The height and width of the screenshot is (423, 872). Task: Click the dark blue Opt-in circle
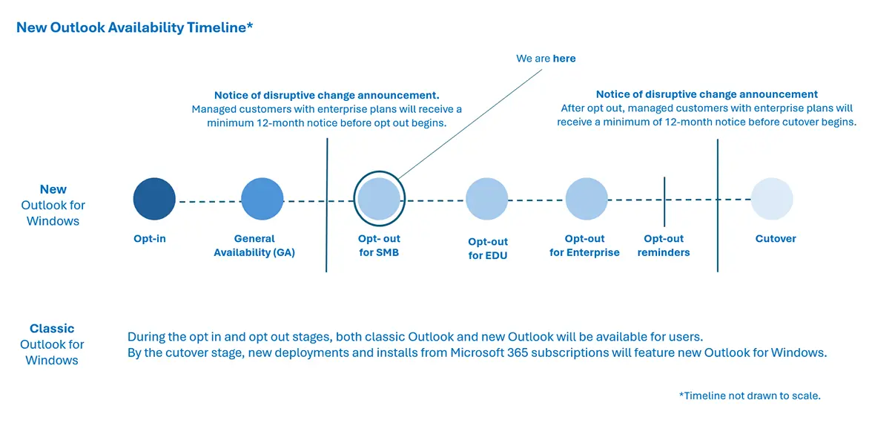point(154,199)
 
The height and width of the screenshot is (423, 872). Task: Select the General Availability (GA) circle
point(262,199)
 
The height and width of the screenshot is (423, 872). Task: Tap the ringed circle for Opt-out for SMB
point(379,198)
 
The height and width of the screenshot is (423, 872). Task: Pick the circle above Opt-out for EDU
point(486,199)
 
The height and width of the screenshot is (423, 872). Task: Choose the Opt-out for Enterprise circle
point(587,199)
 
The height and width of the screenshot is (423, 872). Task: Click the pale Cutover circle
point(772,199)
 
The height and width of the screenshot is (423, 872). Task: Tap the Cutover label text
point(776,239)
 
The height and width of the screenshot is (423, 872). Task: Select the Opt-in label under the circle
point(149,239)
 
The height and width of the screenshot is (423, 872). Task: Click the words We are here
point(545,59)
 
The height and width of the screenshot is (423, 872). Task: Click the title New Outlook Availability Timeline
point(135,27)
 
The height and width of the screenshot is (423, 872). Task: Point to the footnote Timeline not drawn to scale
point(750,396)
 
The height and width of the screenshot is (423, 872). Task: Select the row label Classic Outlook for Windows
point(52,344)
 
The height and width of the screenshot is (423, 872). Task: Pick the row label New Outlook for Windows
point(53,205)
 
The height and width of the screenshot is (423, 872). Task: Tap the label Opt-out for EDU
point(488,249)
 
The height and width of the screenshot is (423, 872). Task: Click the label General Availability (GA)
point(254,246)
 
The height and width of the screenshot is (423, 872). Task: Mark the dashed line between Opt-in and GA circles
point(208,200)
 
